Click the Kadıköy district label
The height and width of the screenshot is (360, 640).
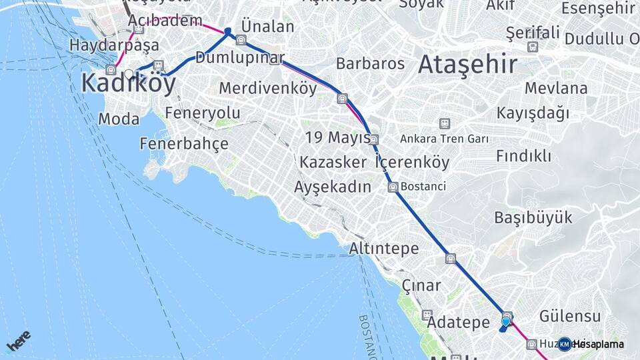click(129, 84)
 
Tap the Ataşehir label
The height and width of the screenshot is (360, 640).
click(467, 65)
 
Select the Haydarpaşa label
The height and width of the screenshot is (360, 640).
click(115, 45)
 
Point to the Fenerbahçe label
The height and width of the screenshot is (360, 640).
click(184, 143)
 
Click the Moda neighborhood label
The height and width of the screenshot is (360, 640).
click(119, 119)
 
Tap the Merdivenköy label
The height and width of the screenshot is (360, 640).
click(268, 88)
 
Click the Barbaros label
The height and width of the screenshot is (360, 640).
click(370, 64)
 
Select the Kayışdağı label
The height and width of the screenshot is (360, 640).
click(533, 113)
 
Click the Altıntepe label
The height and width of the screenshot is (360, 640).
click(384, 249)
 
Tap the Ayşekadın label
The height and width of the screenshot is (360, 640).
click(332, 187)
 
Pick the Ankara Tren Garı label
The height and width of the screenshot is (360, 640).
click(445, 139)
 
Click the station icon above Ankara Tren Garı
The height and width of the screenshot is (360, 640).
click(444, 123)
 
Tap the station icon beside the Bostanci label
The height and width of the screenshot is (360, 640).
click(393, 187)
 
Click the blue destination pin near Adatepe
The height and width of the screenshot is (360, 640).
click(505, 323)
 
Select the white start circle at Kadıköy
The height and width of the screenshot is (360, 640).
click(129, 74)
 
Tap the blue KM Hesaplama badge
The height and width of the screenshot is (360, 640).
click(565, 344)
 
